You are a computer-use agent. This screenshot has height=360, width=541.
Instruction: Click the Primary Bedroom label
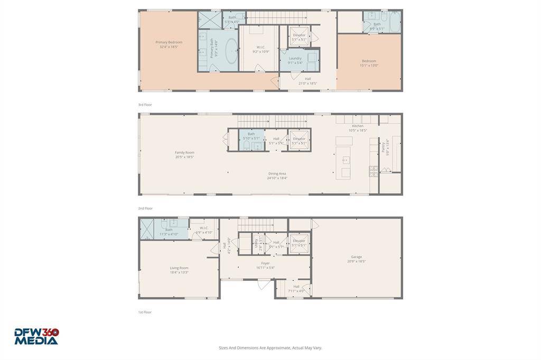[169, 44]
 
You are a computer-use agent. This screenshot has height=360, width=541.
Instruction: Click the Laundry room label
[295, 60]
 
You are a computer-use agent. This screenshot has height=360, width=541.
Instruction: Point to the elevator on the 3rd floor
[299, 37]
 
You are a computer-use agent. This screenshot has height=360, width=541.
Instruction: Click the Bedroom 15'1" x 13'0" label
[369, 63]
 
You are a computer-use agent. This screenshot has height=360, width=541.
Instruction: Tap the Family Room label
[184, 155]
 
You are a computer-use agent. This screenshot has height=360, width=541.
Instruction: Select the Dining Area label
[277, 176]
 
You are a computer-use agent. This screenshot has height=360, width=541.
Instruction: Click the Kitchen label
[358, 128]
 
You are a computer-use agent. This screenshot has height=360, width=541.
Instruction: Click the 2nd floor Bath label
[251, 136]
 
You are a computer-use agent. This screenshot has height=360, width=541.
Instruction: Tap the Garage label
[356, 259]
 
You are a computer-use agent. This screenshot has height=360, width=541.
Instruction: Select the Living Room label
[179, 270]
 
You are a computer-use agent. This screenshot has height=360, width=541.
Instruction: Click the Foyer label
[265, 265]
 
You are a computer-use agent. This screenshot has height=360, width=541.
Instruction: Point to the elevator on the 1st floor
[299, 243]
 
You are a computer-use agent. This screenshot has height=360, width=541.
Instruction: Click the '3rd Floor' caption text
[145, 105]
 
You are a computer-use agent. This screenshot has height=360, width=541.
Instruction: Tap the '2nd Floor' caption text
[145, 208]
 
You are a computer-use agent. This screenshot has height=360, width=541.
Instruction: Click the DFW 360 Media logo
[36, 336]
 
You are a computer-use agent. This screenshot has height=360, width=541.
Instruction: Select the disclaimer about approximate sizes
[270, 348]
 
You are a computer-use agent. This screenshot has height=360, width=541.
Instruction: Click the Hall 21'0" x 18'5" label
[307, 81]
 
